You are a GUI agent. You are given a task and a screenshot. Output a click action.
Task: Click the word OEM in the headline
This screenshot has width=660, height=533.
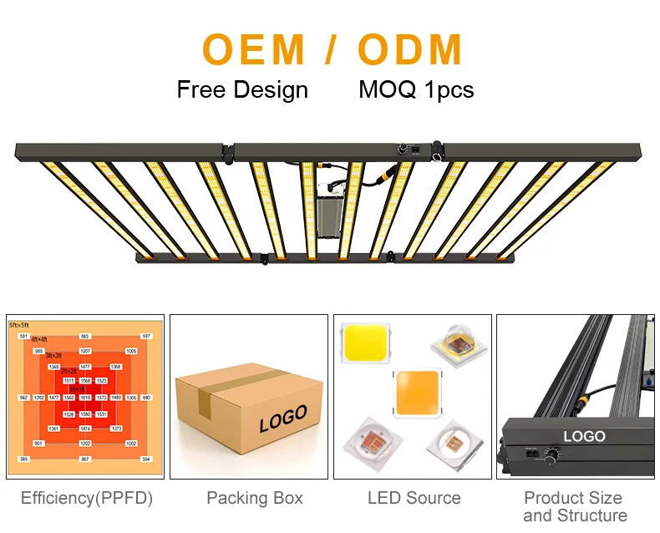[255, 49]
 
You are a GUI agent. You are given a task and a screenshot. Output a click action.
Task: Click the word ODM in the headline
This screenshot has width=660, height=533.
[410, 49]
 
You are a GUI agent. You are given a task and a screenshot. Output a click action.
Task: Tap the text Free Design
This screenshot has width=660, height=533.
[242, 90]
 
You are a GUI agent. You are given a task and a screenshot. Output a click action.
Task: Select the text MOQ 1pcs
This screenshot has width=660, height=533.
[416, 90]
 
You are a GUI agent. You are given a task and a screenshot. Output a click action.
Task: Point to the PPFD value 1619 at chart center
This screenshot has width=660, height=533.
[85, 398]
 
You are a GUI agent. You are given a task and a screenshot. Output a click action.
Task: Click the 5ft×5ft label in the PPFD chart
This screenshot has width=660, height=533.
[19, 323]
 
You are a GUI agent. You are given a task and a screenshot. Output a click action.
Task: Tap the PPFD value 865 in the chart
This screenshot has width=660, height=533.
[85, 336]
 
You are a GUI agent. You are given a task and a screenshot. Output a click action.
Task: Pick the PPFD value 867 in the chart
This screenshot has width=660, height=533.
[85, 459]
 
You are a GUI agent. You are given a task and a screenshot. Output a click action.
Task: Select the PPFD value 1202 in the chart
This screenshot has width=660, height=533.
[85, 444]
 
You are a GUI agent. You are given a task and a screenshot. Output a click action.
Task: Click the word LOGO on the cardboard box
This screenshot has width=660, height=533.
[282, 418]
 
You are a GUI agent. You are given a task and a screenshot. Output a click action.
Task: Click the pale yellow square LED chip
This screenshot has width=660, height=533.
[363, 343]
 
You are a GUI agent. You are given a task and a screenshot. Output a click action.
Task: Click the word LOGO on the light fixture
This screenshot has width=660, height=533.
[584, 436]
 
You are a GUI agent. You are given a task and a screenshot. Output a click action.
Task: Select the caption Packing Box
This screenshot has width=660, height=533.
[254, 499]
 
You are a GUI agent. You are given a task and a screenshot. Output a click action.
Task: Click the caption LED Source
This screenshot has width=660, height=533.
[414, 499]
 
